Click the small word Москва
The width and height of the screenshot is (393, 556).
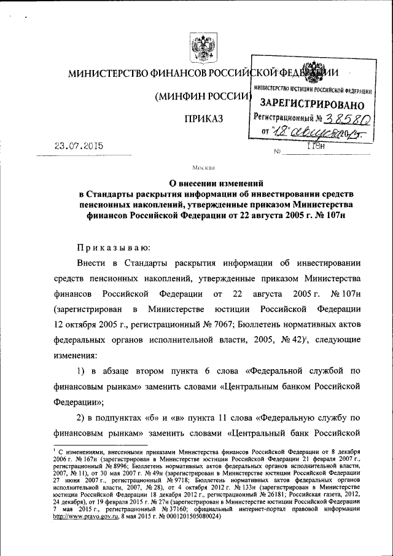click(202, 167)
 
